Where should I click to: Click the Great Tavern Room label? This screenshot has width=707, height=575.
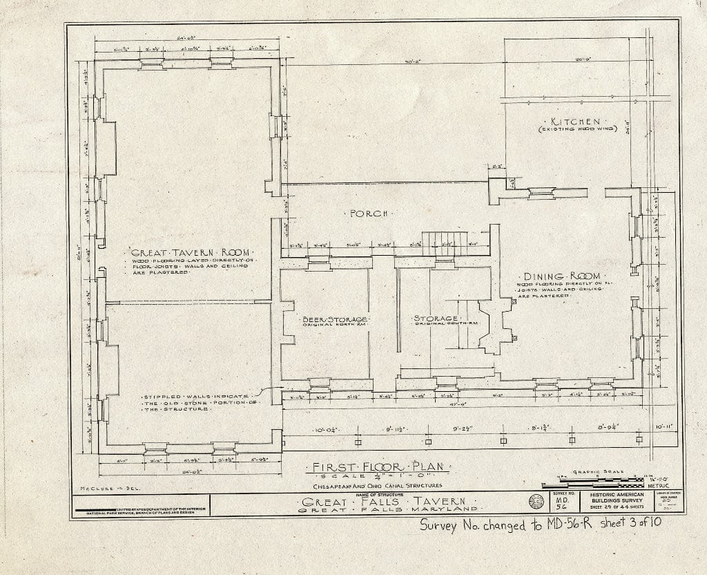pos(182,252)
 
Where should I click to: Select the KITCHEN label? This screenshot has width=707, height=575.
pos(570,122)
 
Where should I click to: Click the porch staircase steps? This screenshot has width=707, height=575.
pos(444,243)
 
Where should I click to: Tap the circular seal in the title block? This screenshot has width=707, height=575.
pos(535,501)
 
